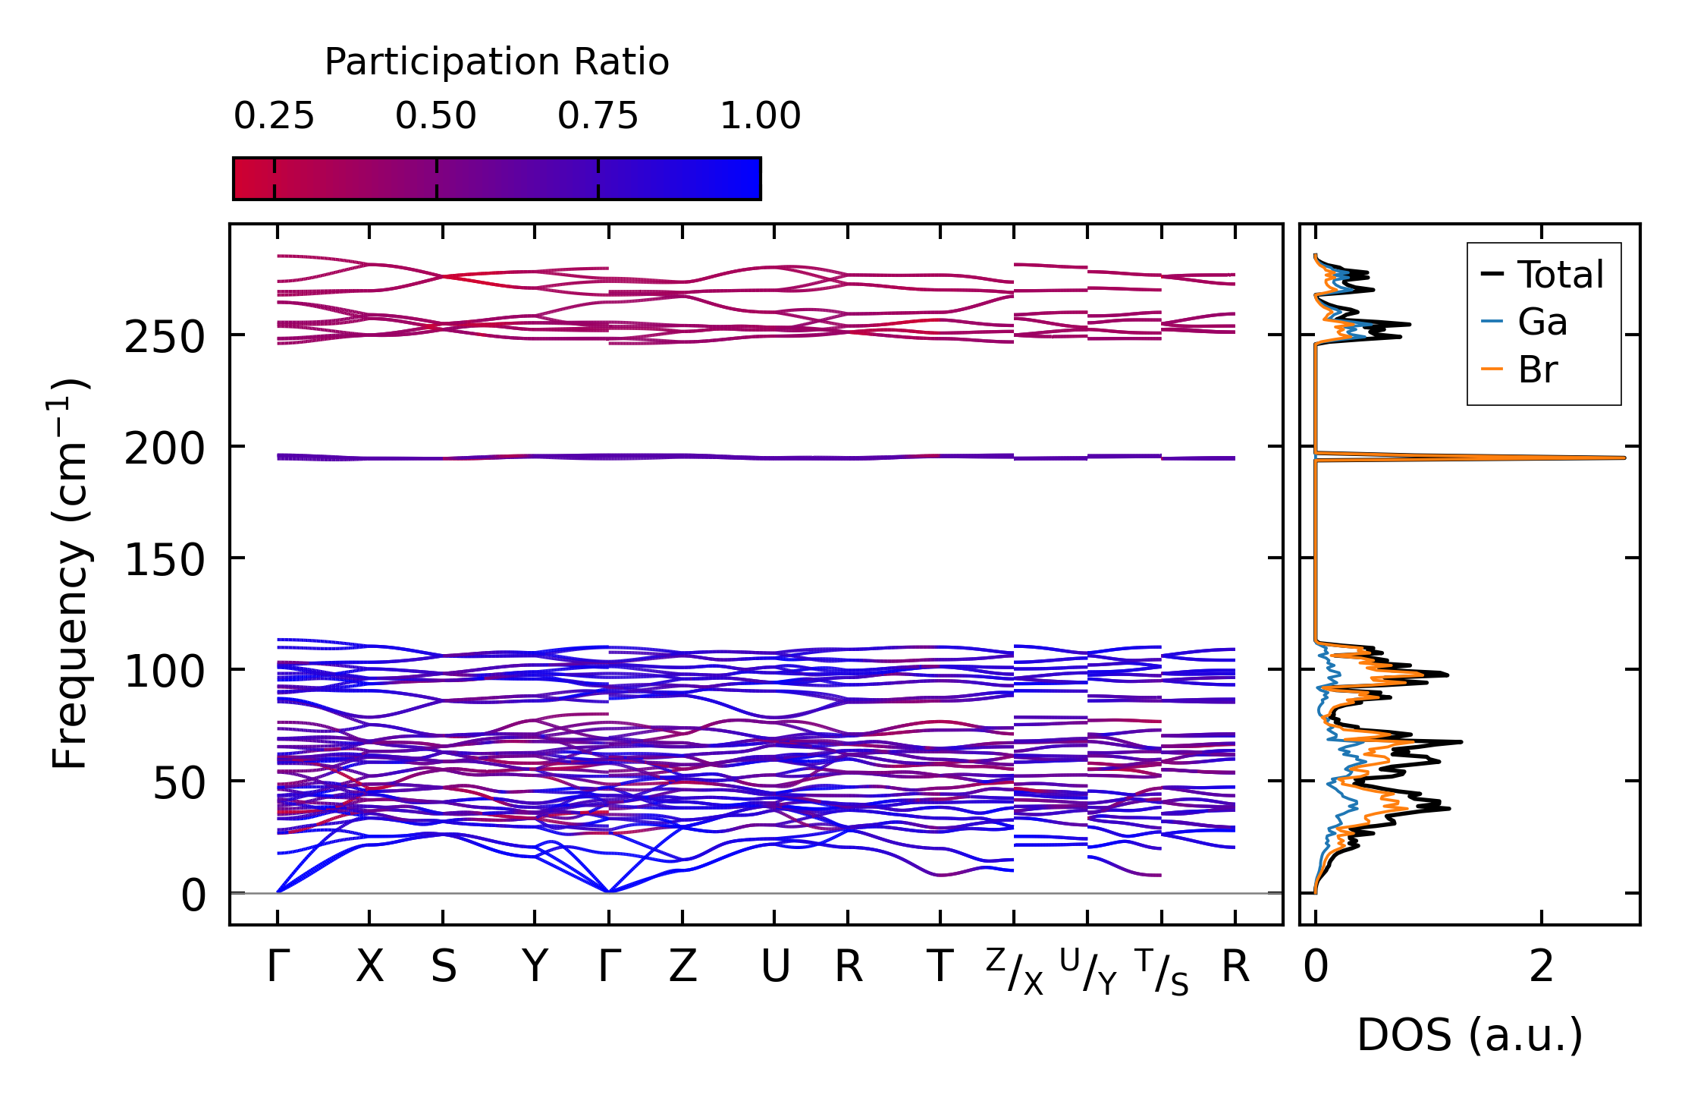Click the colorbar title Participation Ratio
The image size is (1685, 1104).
click(x=497, y=62)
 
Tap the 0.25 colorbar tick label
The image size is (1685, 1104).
click(x=274, y=116)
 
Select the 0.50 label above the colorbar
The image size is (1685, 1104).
click(x=436, y=116)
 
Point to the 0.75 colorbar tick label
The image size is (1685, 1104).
click(x=598, y=116)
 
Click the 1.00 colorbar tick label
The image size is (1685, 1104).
click(x=760, y=116)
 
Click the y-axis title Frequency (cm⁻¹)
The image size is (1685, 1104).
click(x=70, y=574)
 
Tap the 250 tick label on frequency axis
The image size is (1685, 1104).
click(x=165, y=337)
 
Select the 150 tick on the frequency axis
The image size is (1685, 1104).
click(x=165, y=561)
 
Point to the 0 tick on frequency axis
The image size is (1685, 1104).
click(x=193, y=895)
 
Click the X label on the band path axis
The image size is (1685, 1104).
click(x=370, y=967)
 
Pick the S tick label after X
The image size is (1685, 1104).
click(x=444, y=967)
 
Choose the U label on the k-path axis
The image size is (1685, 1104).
click(x=775, y=967)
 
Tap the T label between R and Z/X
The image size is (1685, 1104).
click(x=940, y=967)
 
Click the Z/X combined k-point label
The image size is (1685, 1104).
click(x=1015, y=971)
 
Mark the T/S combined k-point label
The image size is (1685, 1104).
click(x=1163, y=971)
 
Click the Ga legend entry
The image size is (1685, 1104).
click(x=1542, y=322)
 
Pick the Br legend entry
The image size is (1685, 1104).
click(x=1538, y=370)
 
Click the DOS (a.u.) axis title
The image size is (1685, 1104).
click(x=1470, y=1035)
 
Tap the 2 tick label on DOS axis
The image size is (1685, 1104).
click(x=1542, y=967)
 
